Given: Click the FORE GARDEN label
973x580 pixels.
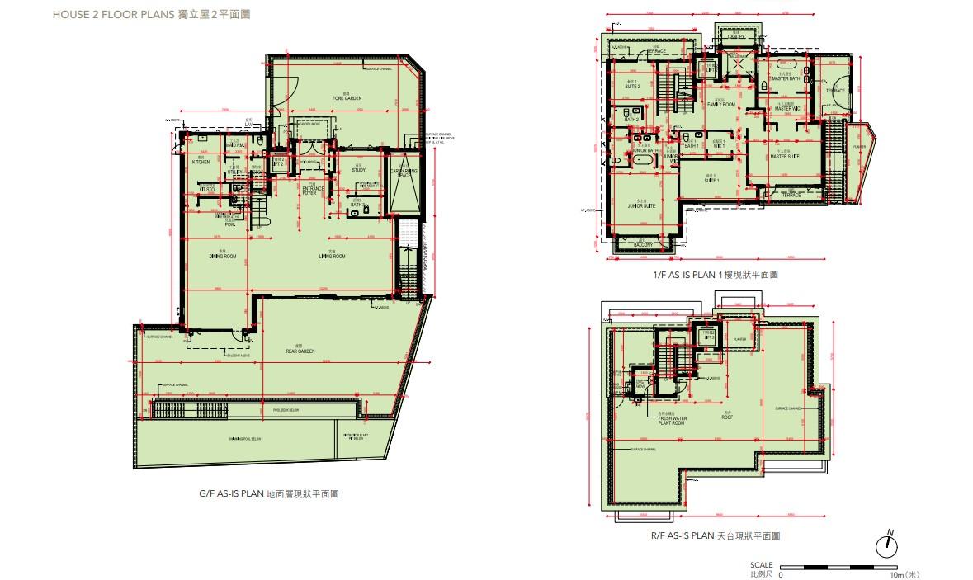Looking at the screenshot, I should pos(347,98).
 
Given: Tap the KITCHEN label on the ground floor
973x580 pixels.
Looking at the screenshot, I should pos(201,162).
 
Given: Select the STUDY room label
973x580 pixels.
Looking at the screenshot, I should pos(358,170).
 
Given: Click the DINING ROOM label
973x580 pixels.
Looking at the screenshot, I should pos(223,257).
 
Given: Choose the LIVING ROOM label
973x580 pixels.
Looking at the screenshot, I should pos(333,257).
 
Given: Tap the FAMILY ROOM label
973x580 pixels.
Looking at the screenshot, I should pos(720,105).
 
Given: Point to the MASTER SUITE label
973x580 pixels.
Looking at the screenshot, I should pos(786,157).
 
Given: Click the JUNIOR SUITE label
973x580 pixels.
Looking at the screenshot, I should pos(641,206).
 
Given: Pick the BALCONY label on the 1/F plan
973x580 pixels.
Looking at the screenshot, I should pos(643,245).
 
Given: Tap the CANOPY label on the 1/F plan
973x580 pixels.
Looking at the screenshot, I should pos(736,37).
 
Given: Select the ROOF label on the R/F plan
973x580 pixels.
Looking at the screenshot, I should pos(728,417).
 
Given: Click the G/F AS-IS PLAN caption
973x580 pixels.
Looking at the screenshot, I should pos(268,493).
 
